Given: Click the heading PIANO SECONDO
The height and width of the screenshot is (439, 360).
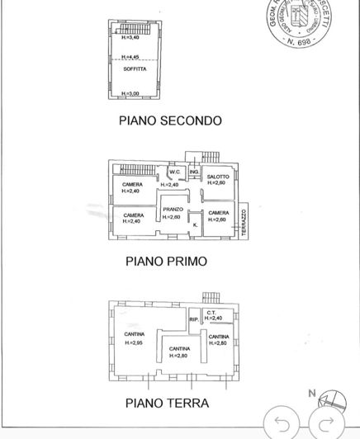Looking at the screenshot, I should pos(170,120).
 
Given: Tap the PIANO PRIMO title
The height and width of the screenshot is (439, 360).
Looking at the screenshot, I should pos(165,262).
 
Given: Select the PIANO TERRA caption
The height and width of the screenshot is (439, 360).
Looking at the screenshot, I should pos(167,404).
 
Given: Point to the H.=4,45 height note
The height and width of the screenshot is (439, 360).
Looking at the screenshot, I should pos(131,57).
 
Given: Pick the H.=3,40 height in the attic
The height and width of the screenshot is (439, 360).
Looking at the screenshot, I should pos(131,38).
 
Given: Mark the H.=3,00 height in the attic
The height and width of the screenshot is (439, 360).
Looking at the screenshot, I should pos(131,94).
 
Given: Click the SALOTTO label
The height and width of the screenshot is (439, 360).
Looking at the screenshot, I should pos(218,177).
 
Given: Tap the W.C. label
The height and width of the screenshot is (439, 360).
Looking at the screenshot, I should pos(174,172).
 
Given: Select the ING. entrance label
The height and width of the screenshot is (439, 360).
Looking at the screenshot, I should pos(194,172).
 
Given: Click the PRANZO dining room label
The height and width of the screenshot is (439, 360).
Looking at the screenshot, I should pos(172,210).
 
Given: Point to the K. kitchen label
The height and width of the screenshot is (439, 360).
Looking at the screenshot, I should pos(195,224).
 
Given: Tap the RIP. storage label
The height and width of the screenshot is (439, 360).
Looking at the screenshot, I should pos(193,319).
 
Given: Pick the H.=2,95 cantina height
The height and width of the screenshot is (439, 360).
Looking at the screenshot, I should pos(135,342).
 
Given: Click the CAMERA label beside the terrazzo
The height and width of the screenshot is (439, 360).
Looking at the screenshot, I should pos(219,213).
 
